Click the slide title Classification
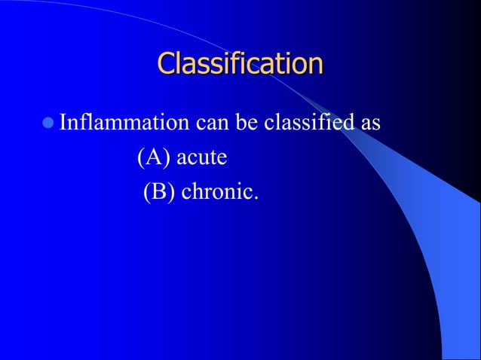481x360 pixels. pos(240,63)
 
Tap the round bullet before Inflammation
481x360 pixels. pos(49,121)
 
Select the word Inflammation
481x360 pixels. pos(125,122)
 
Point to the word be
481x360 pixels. pos(247,122)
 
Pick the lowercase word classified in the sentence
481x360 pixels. pos(308,122)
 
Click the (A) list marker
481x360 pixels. pos(153,159)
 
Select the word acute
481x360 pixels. pos(201,159)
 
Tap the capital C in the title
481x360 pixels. pos(167,63)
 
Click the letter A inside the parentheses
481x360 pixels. pos(153,158)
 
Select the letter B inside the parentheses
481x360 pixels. pos(158,194)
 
